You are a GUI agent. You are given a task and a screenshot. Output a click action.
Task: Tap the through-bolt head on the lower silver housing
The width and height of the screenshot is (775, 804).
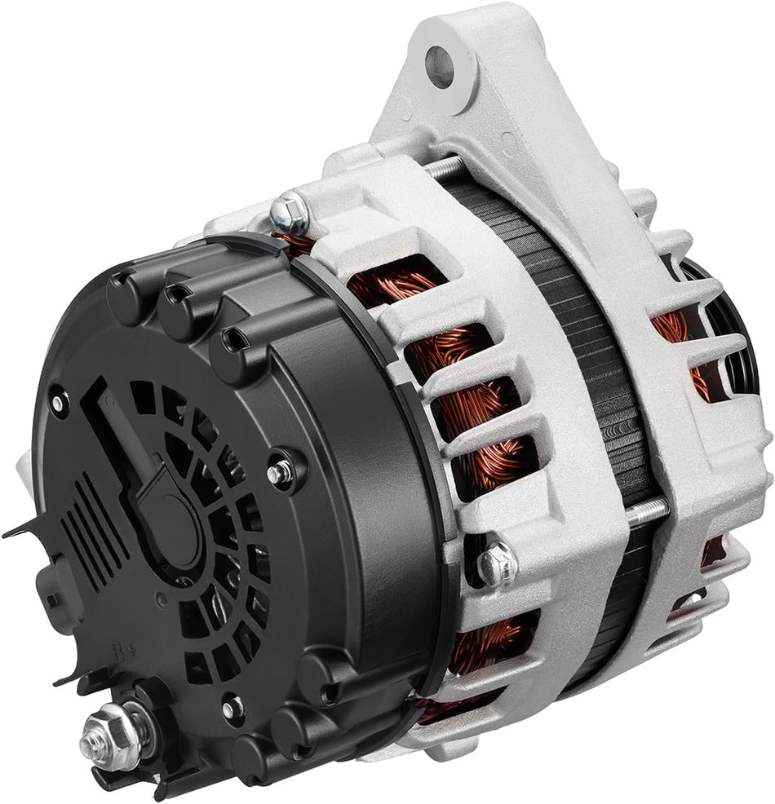pos(496,562)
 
